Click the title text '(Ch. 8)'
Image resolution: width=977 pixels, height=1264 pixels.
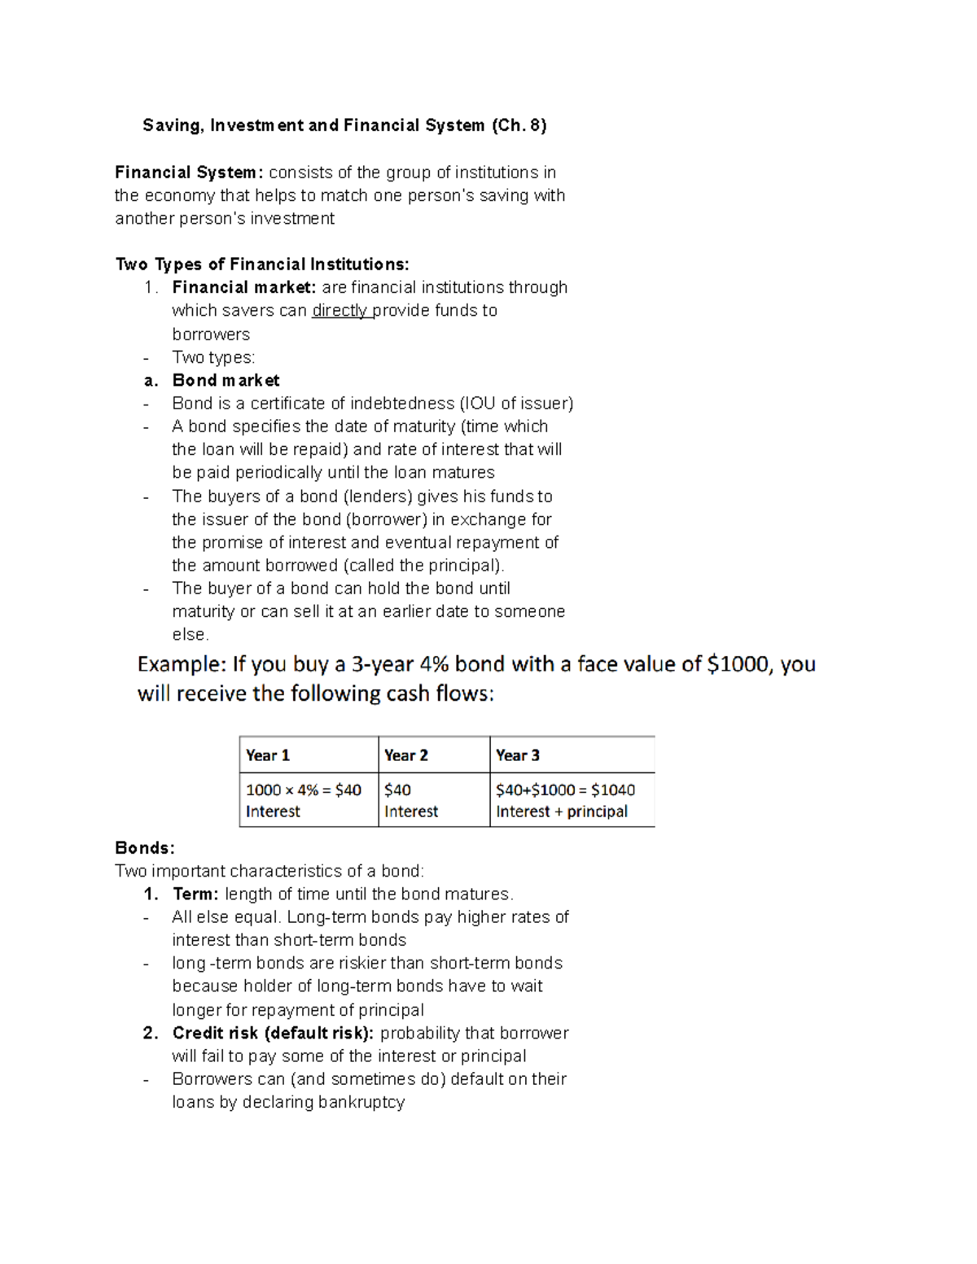pyautogui.click(x=519, y=125)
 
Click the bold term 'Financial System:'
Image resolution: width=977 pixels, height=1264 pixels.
pyautogui.click(x=189, y=173)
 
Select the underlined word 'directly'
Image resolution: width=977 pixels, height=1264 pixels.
pyautogui.click(x=340, y=310)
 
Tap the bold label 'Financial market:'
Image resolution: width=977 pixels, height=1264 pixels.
pyautogui.click(x=243, y=287)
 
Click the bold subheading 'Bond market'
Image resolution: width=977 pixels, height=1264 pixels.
pyautogui.click(x=226, y=380)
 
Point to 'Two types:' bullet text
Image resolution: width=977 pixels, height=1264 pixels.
pyautogui.click(x=213, y=357)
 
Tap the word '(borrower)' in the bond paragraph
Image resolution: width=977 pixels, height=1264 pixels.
pyautogui.click(x=386, y=519)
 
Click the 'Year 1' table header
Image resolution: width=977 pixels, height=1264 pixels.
pyautogui.click(x=268, y=755)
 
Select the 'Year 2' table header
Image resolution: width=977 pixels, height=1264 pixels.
pyautogui.click(x=405, y=755)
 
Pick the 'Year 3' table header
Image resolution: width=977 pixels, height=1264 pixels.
pyautogui.click(x=518, y=755)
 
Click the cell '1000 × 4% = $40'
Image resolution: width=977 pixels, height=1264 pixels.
pyautogui.click(x=303, y=789)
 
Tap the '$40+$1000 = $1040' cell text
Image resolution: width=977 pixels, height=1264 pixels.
pyautogui.click(x=565, y=789)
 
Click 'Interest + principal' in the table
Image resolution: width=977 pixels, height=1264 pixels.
pyautogui.click(x=562, y=811)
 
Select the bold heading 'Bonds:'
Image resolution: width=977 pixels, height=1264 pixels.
pyautogui.click(x=145, y=848)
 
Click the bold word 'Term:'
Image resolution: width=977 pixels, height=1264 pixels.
pyautogui.click(x=195, y=894)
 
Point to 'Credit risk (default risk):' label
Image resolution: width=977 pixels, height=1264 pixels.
pyautogui.click(x=273, y=1033)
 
